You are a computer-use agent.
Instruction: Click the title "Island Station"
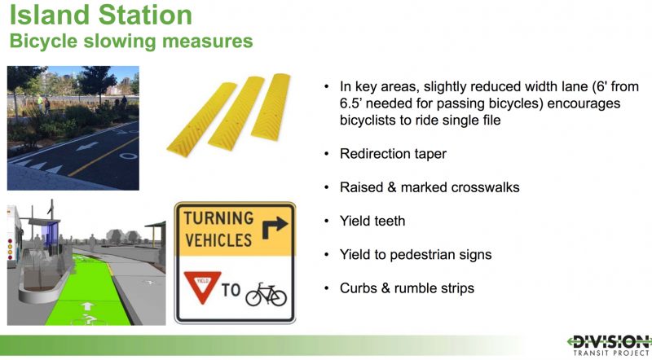pyautogui.click(x=100, y=15)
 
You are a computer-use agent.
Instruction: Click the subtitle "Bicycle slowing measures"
pyautogui.click(x=131, y=42)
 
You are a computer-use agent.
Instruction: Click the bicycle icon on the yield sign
pyautogui.click(x=267, y=294)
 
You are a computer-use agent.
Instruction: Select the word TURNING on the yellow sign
pyautogui.click(x=218, y=218)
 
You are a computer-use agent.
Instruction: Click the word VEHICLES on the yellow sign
pyautogui.click(x=218, y=240)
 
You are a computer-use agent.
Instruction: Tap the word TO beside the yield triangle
pyautogui.click(x=231, y=290)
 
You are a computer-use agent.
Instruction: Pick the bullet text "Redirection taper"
pyautogui.click(x=393, y=154)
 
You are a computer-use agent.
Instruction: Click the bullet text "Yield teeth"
pyautogui.click(x=372, y=221)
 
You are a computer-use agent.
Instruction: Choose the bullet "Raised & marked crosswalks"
pyautogui.click(x=430, y=187)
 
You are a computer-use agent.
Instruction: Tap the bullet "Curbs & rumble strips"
pyautogui.click(x=407, y=288)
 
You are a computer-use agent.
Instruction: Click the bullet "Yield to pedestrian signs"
pyautogui.click(x=416, y=254)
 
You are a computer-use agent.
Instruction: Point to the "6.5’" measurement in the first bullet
pyautogui.click(x=350, y=103)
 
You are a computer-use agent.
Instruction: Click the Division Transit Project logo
pyautogui.click(x=609, y=345)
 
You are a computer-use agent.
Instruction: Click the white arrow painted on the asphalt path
pyautogui.click(x=87, y=147)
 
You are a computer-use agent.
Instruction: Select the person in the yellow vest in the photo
pyautogui.click(x=39, y=103)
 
